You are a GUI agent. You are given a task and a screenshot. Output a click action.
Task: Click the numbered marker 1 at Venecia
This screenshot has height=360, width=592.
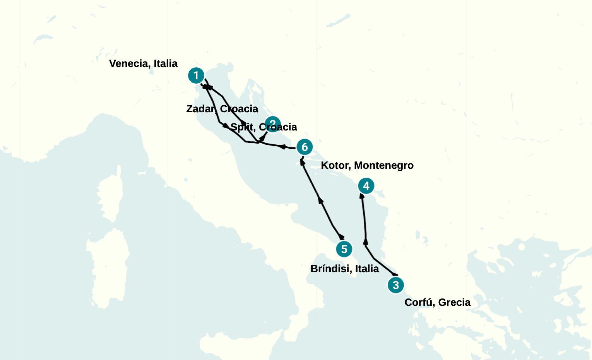[x=196, y=75]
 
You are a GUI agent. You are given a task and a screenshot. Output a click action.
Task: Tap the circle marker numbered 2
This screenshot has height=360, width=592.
[x=272, y=124]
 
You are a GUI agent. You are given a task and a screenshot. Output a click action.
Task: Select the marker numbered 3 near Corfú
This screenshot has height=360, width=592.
[x=395, y=285]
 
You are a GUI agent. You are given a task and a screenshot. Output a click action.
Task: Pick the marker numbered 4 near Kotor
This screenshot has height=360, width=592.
[x=366, y=186]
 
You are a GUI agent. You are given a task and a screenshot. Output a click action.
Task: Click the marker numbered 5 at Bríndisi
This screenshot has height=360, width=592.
[x=344, y=249]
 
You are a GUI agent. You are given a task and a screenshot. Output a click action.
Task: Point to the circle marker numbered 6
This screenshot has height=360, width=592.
[x=305, y=147]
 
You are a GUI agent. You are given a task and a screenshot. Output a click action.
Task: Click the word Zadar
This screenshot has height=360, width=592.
[x=200, y=109]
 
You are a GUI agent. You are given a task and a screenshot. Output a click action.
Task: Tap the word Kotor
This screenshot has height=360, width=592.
[x=335, y=165]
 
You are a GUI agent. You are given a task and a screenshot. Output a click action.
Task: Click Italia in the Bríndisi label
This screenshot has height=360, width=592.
[x=367, y=269]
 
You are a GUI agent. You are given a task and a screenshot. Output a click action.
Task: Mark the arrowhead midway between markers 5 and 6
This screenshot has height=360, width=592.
[x=320, y=200]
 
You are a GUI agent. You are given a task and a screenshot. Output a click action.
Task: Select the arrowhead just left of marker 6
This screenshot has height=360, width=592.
[x=282, y=147]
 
